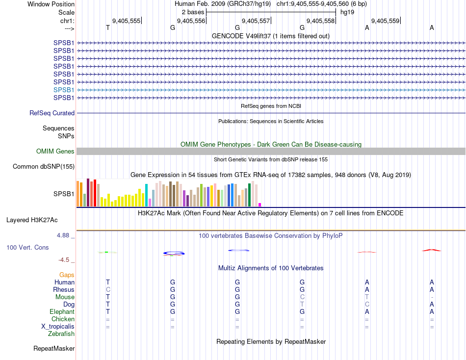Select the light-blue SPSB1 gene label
tap(64, 90)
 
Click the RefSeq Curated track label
tap(52, 113)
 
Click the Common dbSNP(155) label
tap(43, 166)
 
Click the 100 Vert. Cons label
tap(27, 248)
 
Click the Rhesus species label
tap(64, 289)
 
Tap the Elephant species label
tap(62, 311)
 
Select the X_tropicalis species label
tap(58, 326)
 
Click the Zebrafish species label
tap(61, 334)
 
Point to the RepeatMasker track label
tap(54, 348)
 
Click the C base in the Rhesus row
tap(108, 289)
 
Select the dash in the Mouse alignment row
tap(432, 297)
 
